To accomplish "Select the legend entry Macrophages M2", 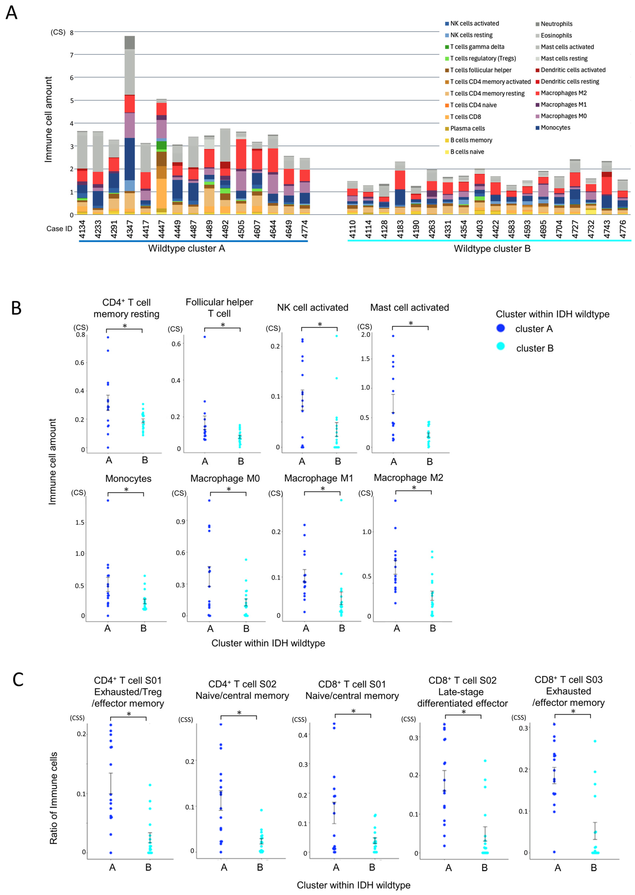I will click(563, 93).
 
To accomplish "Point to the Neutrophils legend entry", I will click(556, 24).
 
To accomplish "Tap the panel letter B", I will click(16, 308).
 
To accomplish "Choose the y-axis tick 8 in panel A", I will click(72, 32).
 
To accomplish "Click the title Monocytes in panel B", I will click(128, 479).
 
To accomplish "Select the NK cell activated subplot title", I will click(313, 308).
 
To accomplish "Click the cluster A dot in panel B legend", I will click(500, 328).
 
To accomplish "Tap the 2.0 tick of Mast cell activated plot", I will click(366, 335).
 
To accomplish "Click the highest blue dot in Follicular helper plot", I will click(204, 337).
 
